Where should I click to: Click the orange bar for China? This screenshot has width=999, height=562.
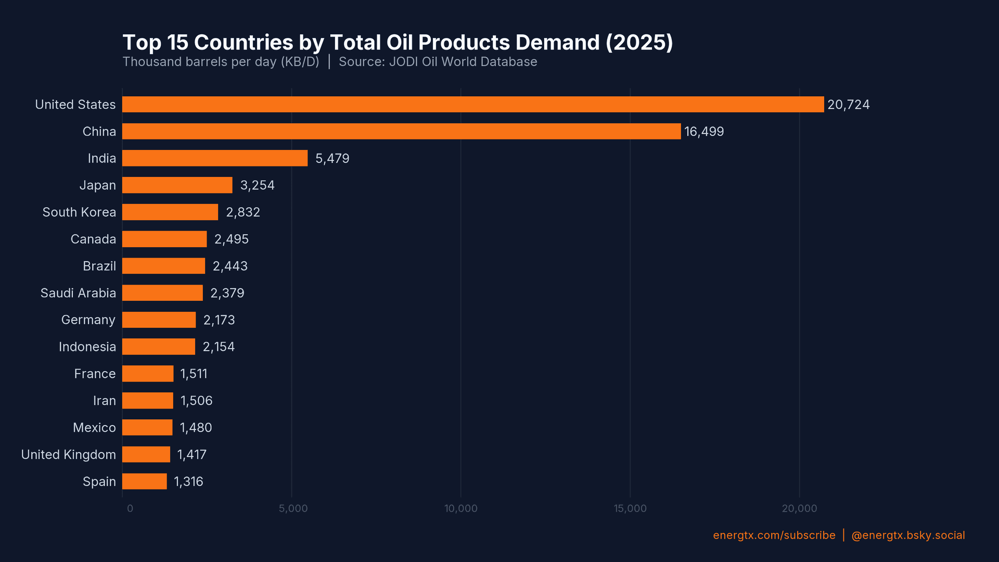pos(401,131)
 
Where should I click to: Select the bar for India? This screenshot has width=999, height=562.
pos(214,158)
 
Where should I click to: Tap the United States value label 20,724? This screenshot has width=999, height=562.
pos(848,105)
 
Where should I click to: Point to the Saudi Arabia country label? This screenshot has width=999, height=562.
pos(78,293)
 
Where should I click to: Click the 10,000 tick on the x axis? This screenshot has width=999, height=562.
pos(460,508)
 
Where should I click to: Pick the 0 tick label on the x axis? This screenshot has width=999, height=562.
pos(130,508)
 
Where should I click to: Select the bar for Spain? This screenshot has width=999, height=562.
pos(145,481)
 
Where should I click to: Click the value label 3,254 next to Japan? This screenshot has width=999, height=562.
pos(257,185)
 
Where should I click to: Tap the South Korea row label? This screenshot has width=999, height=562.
pos(79,212)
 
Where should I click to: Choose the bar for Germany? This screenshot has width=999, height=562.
pos(159,320)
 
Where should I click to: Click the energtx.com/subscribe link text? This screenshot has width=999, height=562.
pos(774,535)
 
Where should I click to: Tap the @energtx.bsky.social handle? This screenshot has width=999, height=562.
pos(908,535)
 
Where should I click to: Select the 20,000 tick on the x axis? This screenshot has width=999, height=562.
pos(799,508)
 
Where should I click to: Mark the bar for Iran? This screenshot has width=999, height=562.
pos(148,401)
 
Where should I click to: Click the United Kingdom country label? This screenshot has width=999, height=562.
pos(68,455)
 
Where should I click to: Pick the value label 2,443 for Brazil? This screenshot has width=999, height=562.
pos(230,266)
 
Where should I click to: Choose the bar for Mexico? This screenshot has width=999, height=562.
pos(147,428)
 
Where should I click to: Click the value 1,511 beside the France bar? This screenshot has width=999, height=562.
pos(194,374)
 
